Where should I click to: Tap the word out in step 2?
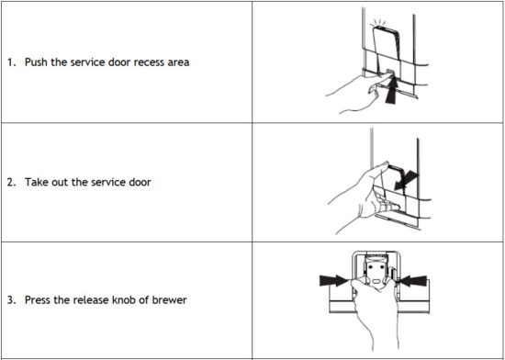pos(61,182)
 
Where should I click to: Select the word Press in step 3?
pos(38,300)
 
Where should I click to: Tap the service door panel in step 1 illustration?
pos(383,41)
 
